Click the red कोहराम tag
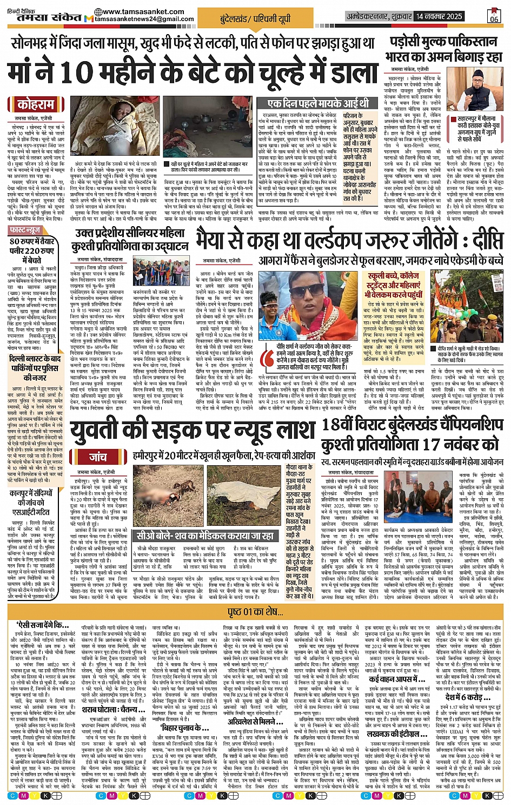35,104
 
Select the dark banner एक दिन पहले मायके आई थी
318,103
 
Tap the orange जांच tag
98,457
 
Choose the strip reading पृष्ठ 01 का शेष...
255,611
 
